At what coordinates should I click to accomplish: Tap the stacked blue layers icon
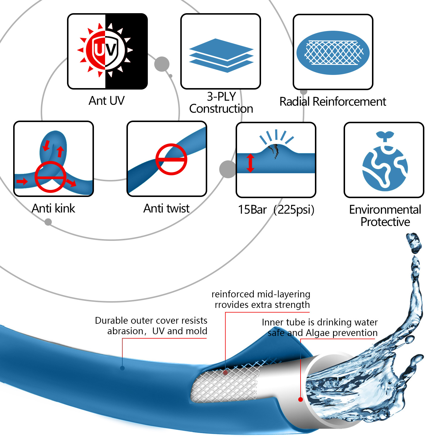point(221,56)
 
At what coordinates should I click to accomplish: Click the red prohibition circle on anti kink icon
point(50,177)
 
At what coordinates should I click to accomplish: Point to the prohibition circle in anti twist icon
point(171,159)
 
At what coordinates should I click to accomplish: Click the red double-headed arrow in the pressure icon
point(250,163)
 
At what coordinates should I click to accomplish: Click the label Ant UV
point(107,101)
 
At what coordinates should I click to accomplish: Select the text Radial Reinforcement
point(333,102)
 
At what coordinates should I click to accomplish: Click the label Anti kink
point(53,208)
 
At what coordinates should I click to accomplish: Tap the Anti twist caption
point(166,208)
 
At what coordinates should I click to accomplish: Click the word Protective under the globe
point(385,222)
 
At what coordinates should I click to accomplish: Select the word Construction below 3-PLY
point(221,109)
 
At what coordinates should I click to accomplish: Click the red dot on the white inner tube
point(301,399)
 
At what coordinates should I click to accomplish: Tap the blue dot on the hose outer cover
point(122,368)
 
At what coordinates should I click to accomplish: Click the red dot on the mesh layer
point(225,373)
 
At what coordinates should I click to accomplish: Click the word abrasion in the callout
point(125,331)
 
